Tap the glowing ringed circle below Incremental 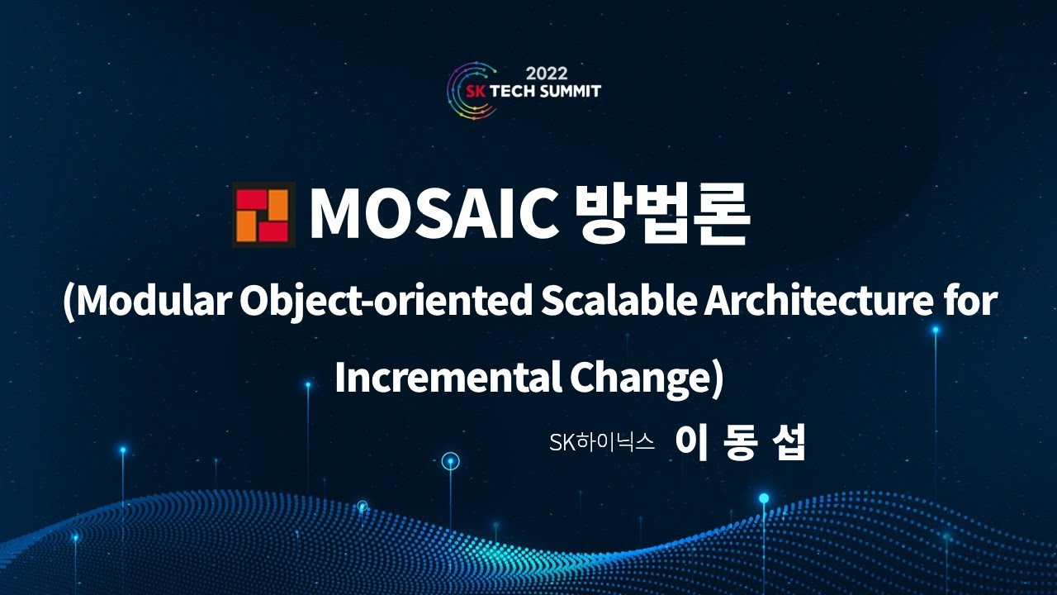click(x=450, y=461)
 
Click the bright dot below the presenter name click(x=764, y=498)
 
